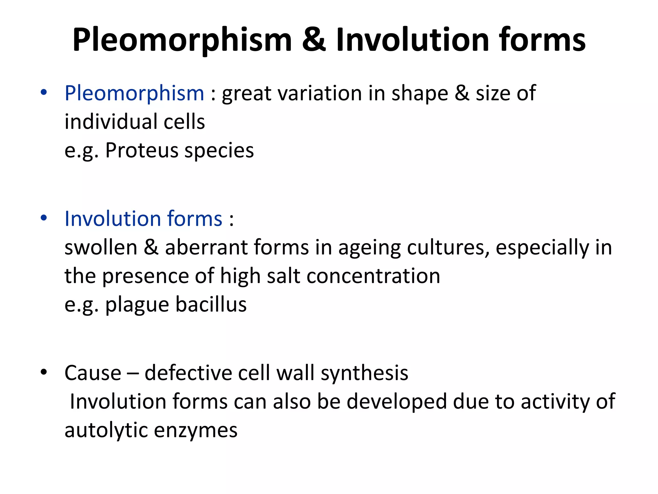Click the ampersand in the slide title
click(314, 40)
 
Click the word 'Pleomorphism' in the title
click(182, 40)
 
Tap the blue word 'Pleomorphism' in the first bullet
click(134, 93)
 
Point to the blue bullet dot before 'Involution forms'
click(44, 218)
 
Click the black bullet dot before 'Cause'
click(44, 372)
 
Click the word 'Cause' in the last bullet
click(93, 373)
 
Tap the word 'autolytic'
click(106, 430)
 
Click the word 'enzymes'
click(196, 431)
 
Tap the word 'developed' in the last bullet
click(396, 402)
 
